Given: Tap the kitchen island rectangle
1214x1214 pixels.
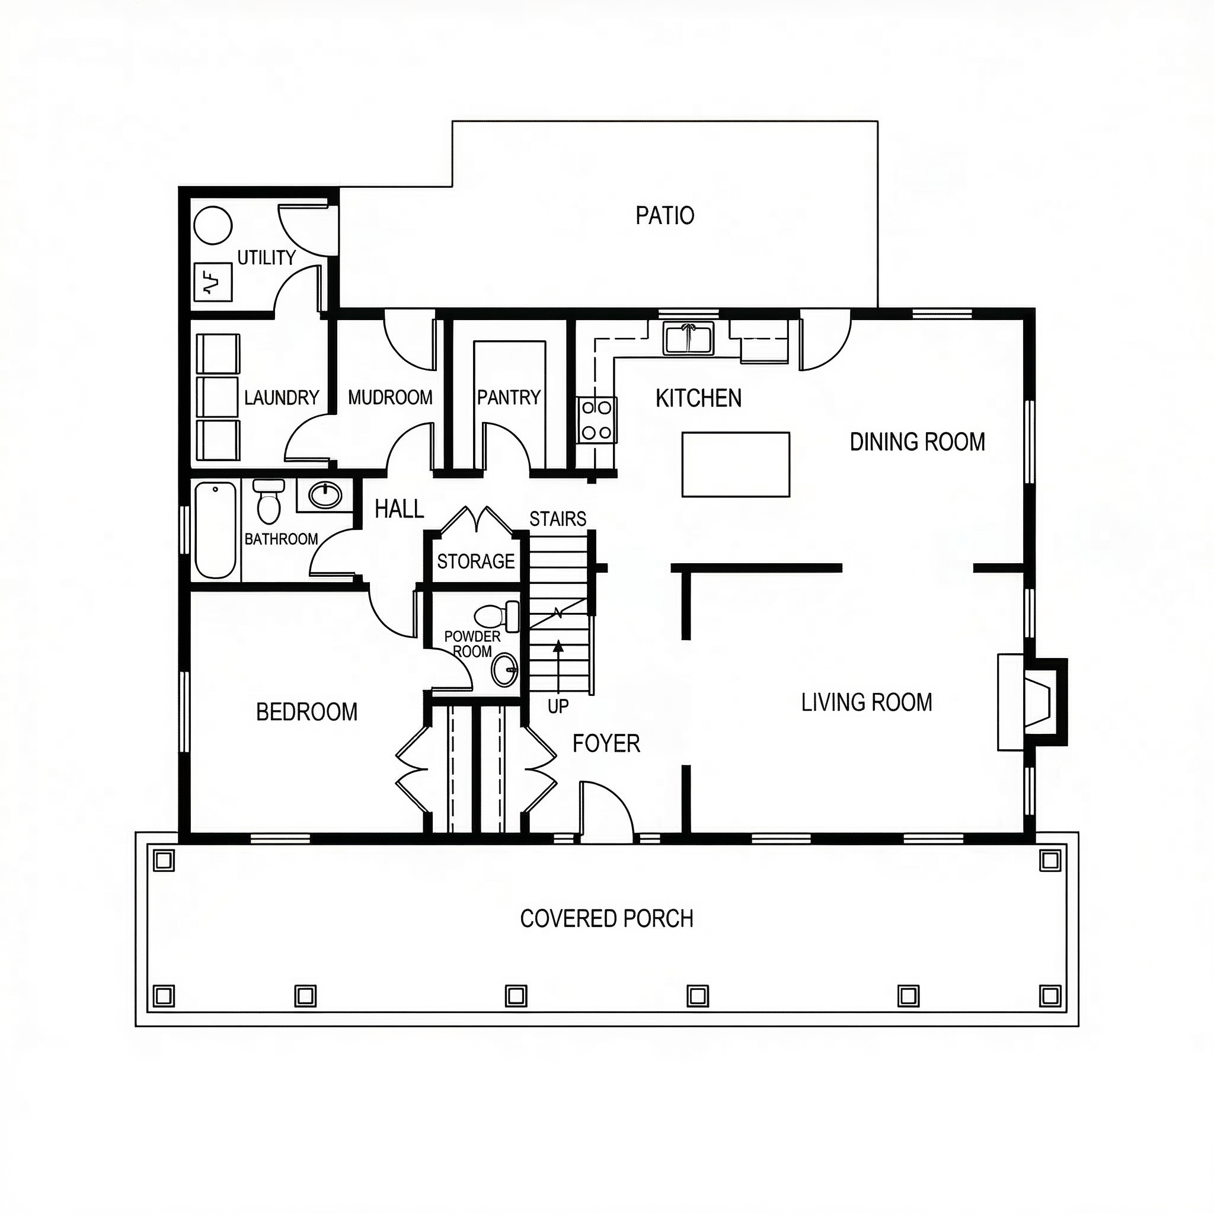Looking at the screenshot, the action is (x=735, y=464).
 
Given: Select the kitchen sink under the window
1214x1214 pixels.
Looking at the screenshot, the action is (x=689, y=338).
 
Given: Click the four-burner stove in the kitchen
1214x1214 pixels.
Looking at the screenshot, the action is (x=596, y=420).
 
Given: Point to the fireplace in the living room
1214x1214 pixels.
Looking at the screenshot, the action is (x=1034, y=701).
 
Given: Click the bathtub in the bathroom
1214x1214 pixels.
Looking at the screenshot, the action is (x=216, y=529).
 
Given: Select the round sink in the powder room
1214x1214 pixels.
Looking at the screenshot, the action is (x=504, y=670).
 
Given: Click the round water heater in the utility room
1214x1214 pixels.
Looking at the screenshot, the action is (x=213, y=225).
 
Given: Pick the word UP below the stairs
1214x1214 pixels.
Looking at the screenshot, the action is (x=557, y=706).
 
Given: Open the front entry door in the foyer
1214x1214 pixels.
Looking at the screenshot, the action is (x=605, y=810).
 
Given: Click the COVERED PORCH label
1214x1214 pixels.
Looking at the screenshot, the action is (x=606, y=919).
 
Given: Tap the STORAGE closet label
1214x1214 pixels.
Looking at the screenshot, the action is (x=475, y=561).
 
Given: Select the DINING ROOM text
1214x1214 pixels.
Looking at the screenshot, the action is (x=917, y=442).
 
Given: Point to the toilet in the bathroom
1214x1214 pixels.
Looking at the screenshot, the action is (x=269, y=501).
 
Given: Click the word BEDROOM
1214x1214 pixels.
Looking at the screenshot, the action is (x=306, y=712).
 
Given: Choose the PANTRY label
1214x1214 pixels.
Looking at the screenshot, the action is (x=509, y=397).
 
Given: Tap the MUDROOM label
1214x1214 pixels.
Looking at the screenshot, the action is (x=390, y=397).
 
